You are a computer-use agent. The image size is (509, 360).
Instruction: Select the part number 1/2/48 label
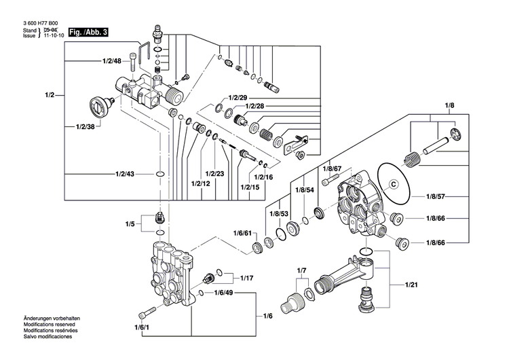[111, 62]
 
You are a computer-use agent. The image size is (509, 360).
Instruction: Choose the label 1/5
[130, 223]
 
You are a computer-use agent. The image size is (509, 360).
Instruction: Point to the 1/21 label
[413, 284]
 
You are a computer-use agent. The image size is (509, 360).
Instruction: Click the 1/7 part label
[302, 271]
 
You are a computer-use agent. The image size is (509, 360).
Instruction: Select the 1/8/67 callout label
[331, 168]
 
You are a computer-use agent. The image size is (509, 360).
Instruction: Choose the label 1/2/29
[238, 98]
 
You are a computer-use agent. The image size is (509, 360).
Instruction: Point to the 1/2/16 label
[263, 177]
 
